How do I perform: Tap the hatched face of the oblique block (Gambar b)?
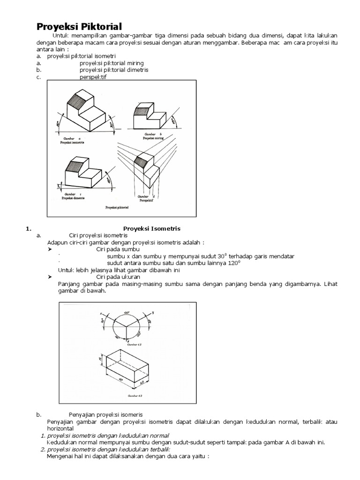coord(142,110)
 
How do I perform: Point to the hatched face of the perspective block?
coord(141,161)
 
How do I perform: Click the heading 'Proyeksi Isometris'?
coord(152,228)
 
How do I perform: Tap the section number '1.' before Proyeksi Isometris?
coord(28,228)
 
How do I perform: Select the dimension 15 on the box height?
coord(100,359)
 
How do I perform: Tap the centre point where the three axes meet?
coord(126,327)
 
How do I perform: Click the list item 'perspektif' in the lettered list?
coord(93,77)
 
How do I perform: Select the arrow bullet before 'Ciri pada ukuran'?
coord(50,277)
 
